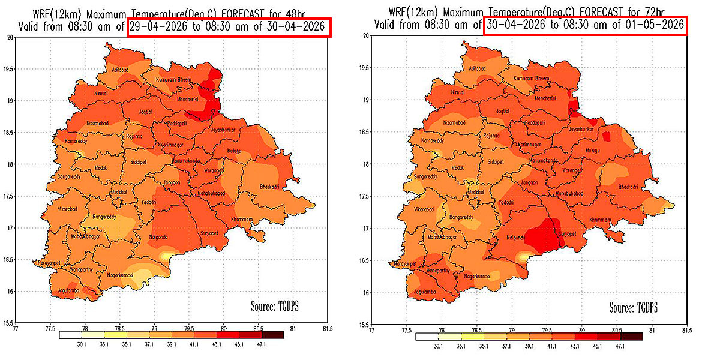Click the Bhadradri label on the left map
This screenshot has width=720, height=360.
coord(269,188)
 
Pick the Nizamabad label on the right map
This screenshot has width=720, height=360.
coord(454,122)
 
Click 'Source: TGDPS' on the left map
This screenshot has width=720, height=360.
coord(274,306)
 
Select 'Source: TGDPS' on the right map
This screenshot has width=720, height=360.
coord(633,307)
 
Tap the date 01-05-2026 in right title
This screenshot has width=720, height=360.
coord(654,25)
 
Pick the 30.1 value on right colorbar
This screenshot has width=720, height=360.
coord(438,346)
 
